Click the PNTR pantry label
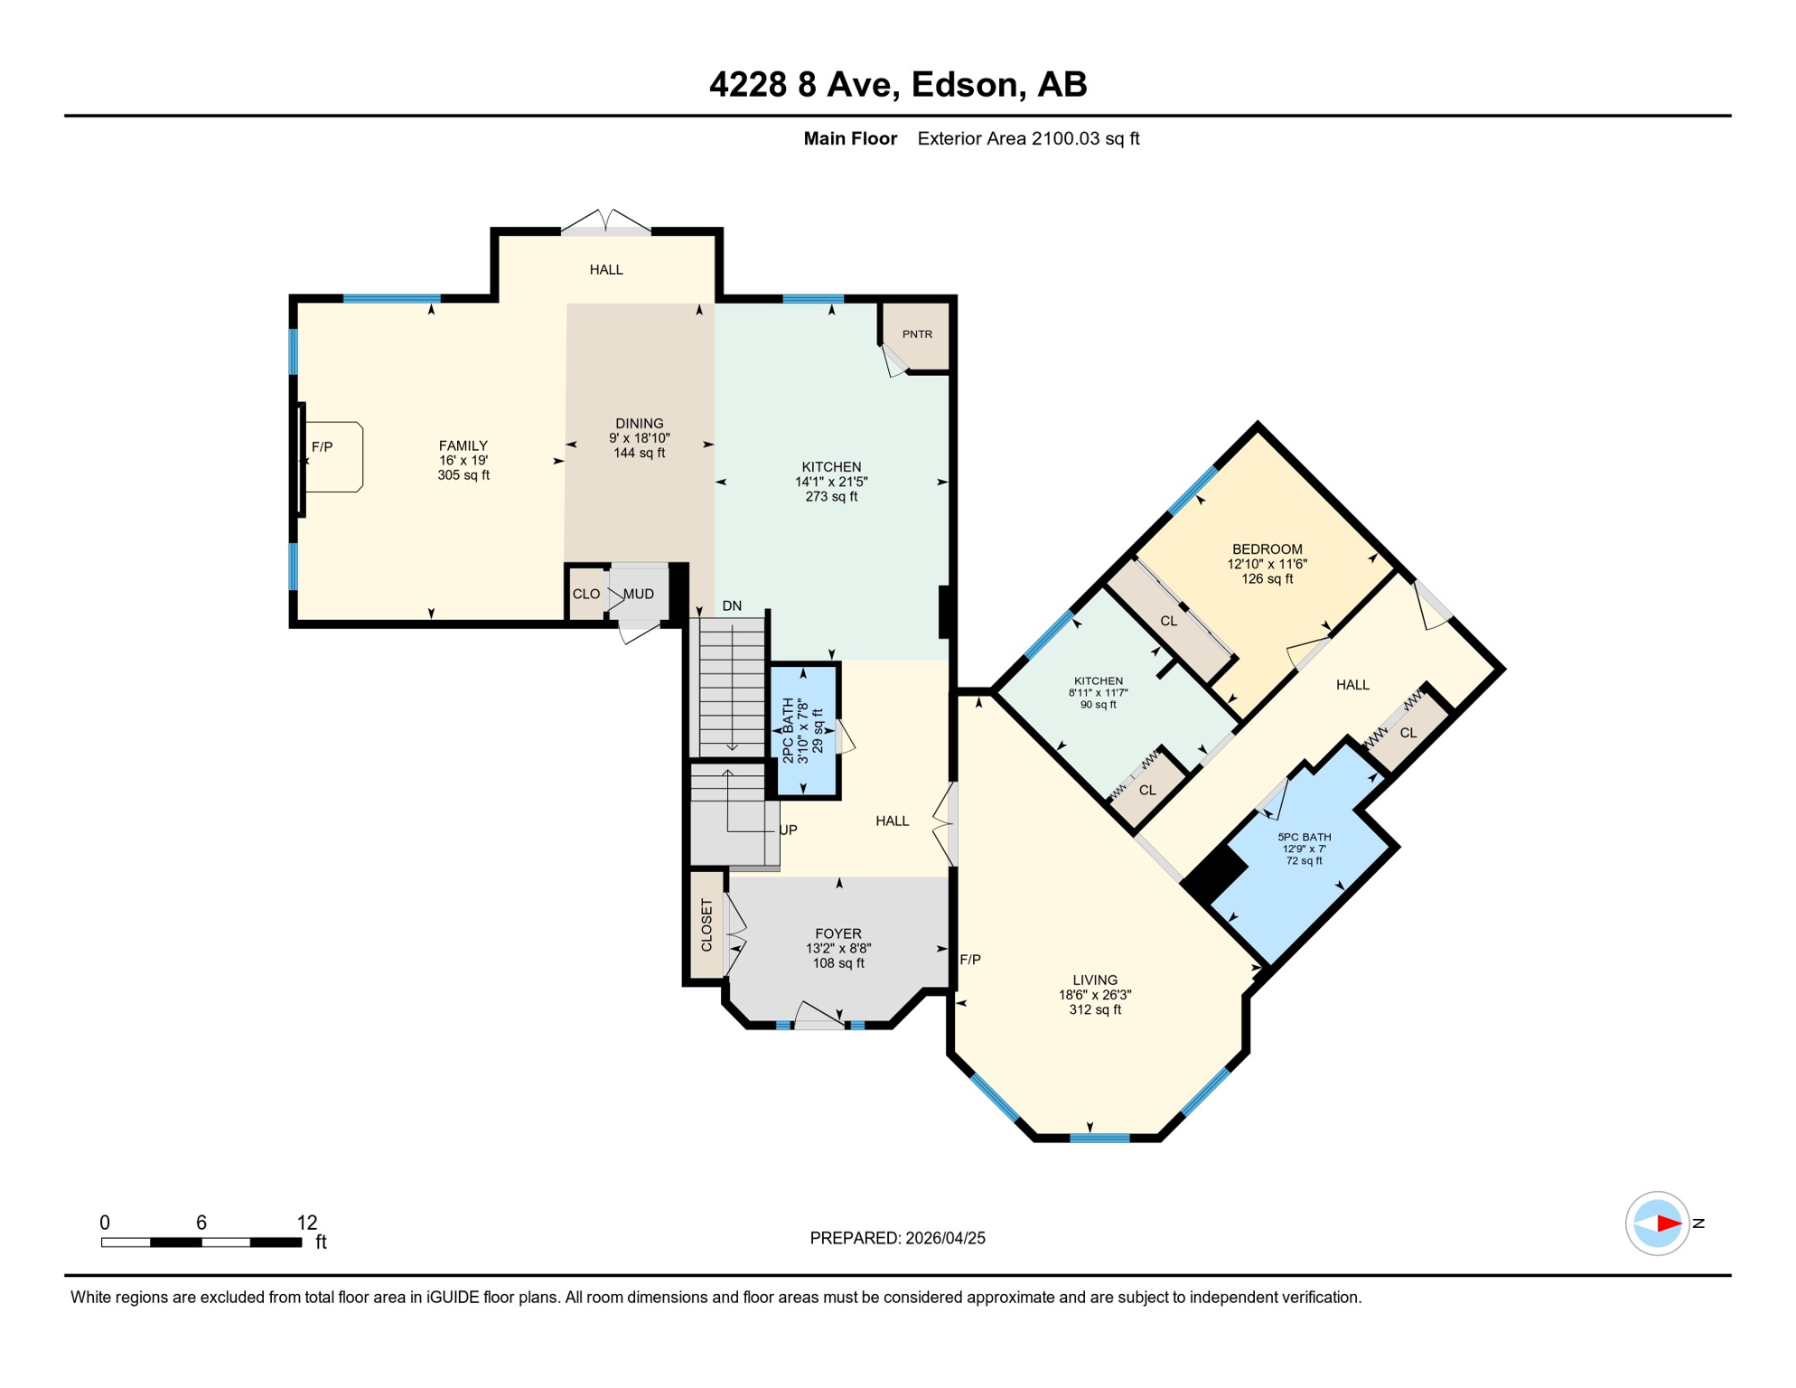tap(917, 334)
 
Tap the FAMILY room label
tap(463, 445)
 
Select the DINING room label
tap(640, 424)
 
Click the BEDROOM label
tap(1267, 549)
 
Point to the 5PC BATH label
tap(1305, 838)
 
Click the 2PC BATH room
tap(804, 730)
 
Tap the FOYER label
tap(838, 933)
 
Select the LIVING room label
tap(1095, 980)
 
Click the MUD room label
tap(639, 594)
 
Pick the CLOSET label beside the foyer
tap(706, 925)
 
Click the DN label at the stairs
tap(732, 606)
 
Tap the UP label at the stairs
tap(789, 830)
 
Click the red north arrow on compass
tap(1669, 1224)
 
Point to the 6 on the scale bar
tap(201, 1223)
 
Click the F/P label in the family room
tap(322, 447)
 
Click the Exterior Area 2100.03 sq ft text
tap(1028, 138)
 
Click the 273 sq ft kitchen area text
tap(831, 497)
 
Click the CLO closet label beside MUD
tap(586, 594)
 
